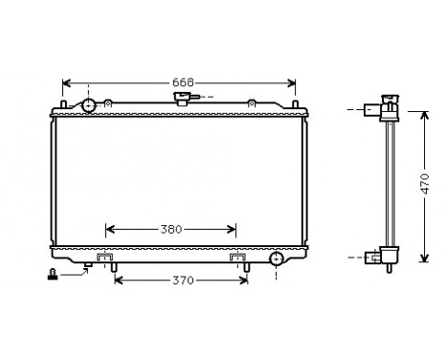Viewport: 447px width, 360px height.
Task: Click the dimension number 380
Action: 171,230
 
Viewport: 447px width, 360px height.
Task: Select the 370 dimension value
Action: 182,281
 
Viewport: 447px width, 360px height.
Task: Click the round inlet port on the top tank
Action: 89,104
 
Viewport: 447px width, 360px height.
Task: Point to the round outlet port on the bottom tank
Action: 277,258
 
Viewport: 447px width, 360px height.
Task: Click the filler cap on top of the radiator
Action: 182,98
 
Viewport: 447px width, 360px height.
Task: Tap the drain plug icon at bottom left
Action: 53,275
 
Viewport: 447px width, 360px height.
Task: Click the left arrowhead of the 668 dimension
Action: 65,80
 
